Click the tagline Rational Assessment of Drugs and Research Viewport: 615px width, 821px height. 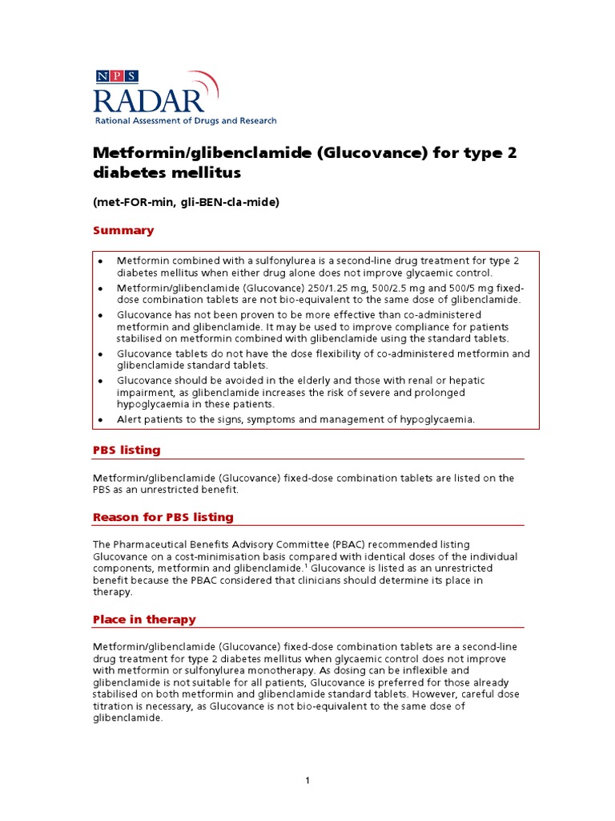click(185, 121)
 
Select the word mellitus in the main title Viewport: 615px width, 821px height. click(206, 172)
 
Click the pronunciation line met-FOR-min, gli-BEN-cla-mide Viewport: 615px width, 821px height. click(186, 202)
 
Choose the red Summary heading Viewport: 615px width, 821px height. click(123, 231)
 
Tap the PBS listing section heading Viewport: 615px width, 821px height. click(127, 451)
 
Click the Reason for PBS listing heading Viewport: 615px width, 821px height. click(163, 517)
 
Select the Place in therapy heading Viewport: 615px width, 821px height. click(144, 620)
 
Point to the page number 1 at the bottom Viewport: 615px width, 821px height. click(307, 782)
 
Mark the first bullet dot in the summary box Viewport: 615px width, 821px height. click(100, 261)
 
